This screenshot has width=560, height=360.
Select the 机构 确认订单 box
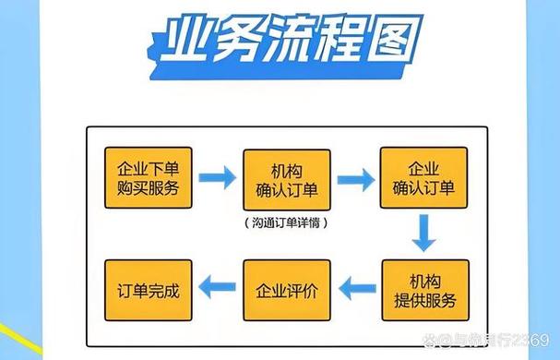coord(286,178)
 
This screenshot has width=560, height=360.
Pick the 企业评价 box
coord(286,290)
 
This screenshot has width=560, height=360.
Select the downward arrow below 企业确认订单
coord(423,234)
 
